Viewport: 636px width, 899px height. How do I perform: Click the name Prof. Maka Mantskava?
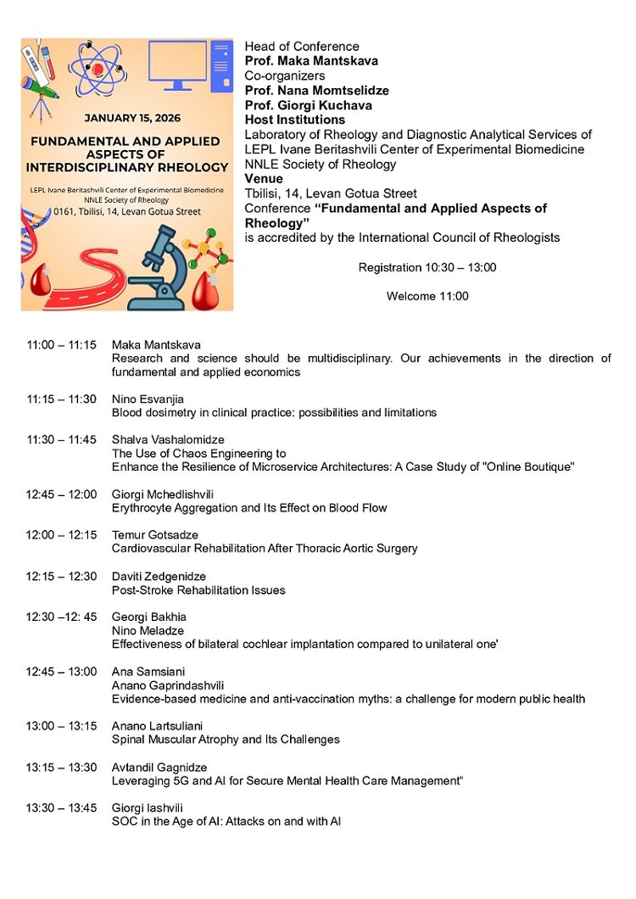coord(311,61)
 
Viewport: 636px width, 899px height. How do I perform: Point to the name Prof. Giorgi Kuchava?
coord(308,105)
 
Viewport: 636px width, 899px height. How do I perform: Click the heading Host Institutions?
coord(294,120)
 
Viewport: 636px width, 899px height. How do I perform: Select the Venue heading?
coord(263,179)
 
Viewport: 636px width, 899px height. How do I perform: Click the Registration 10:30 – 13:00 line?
coord(427,268)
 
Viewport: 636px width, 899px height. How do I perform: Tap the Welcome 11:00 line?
coord(427,297)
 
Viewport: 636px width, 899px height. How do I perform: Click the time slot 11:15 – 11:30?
coord(61,399)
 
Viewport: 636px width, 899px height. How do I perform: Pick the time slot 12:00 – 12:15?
coord(61,535)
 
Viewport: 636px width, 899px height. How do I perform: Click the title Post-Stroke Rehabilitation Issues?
coord(198,590)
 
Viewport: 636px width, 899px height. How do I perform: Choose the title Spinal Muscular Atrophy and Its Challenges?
coord(226,740)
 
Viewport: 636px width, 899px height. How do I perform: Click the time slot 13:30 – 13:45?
coord(61,807)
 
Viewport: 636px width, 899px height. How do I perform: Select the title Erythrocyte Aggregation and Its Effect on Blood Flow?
coord(249,508)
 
